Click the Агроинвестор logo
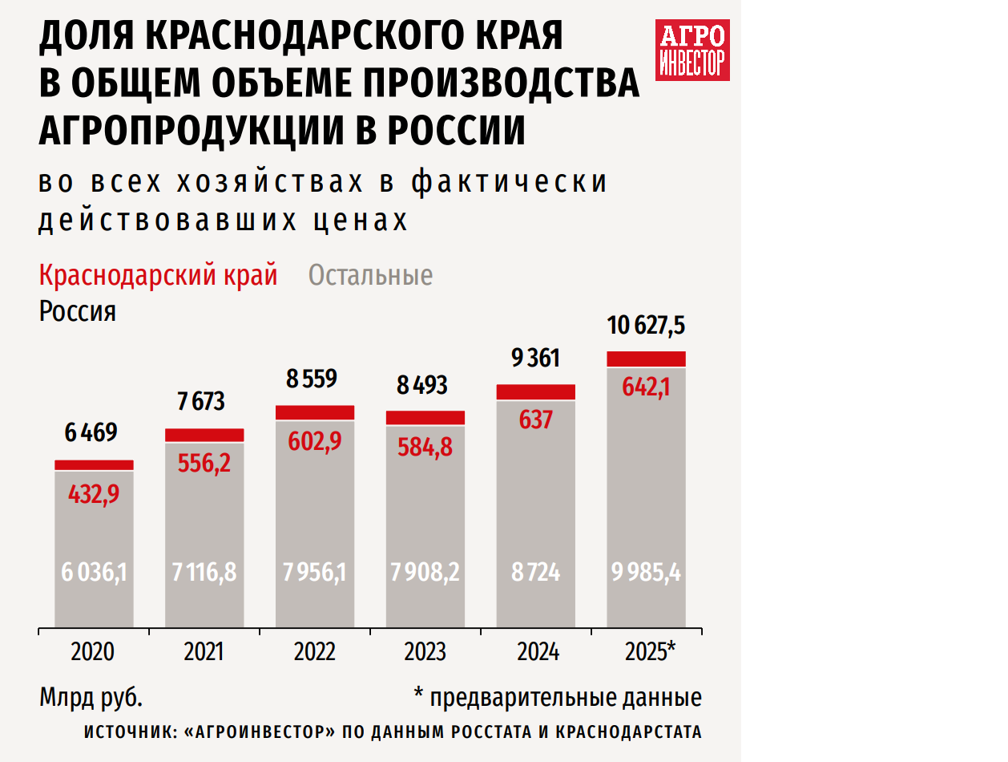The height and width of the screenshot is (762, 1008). click(x=692, y=50)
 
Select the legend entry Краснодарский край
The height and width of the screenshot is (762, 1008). click(x=158, y=275)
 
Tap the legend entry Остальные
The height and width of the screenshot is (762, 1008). click(x=370, y=275)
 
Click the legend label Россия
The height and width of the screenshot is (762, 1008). click(x=77, y=311)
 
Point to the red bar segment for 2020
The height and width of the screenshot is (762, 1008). click(x=94, y=465)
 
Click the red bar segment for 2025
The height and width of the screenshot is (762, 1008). click(x=646, y=359)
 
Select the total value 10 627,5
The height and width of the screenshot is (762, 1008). click(x=646, y=326)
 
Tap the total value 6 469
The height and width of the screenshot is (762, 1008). click(x=91, y=433)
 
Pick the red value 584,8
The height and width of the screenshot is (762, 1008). click(x=425, y=446)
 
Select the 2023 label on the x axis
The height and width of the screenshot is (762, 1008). click(x=425, y=652)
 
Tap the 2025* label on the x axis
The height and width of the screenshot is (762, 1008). click(x=650, y=652)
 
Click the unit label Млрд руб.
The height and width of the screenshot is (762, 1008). click(x=91, y=697)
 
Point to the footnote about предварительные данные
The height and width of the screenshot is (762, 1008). click(x=558, y=697)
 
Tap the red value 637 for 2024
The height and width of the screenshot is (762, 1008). click(x=535, y=419)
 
